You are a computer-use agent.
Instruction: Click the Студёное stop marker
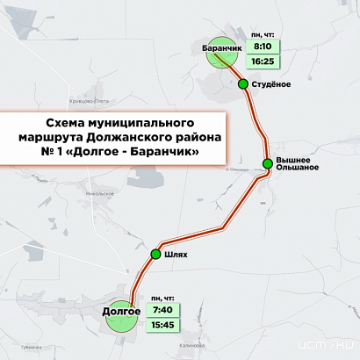click(x=242, y=84)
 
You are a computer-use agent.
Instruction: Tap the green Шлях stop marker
click(x=156, y=255)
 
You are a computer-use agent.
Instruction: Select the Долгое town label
click(x=122, y=310)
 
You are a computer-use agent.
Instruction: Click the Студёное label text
click(x=272, y=84)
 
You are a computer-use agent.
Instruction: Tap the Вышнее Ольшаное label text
click(x=297, y=162)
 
